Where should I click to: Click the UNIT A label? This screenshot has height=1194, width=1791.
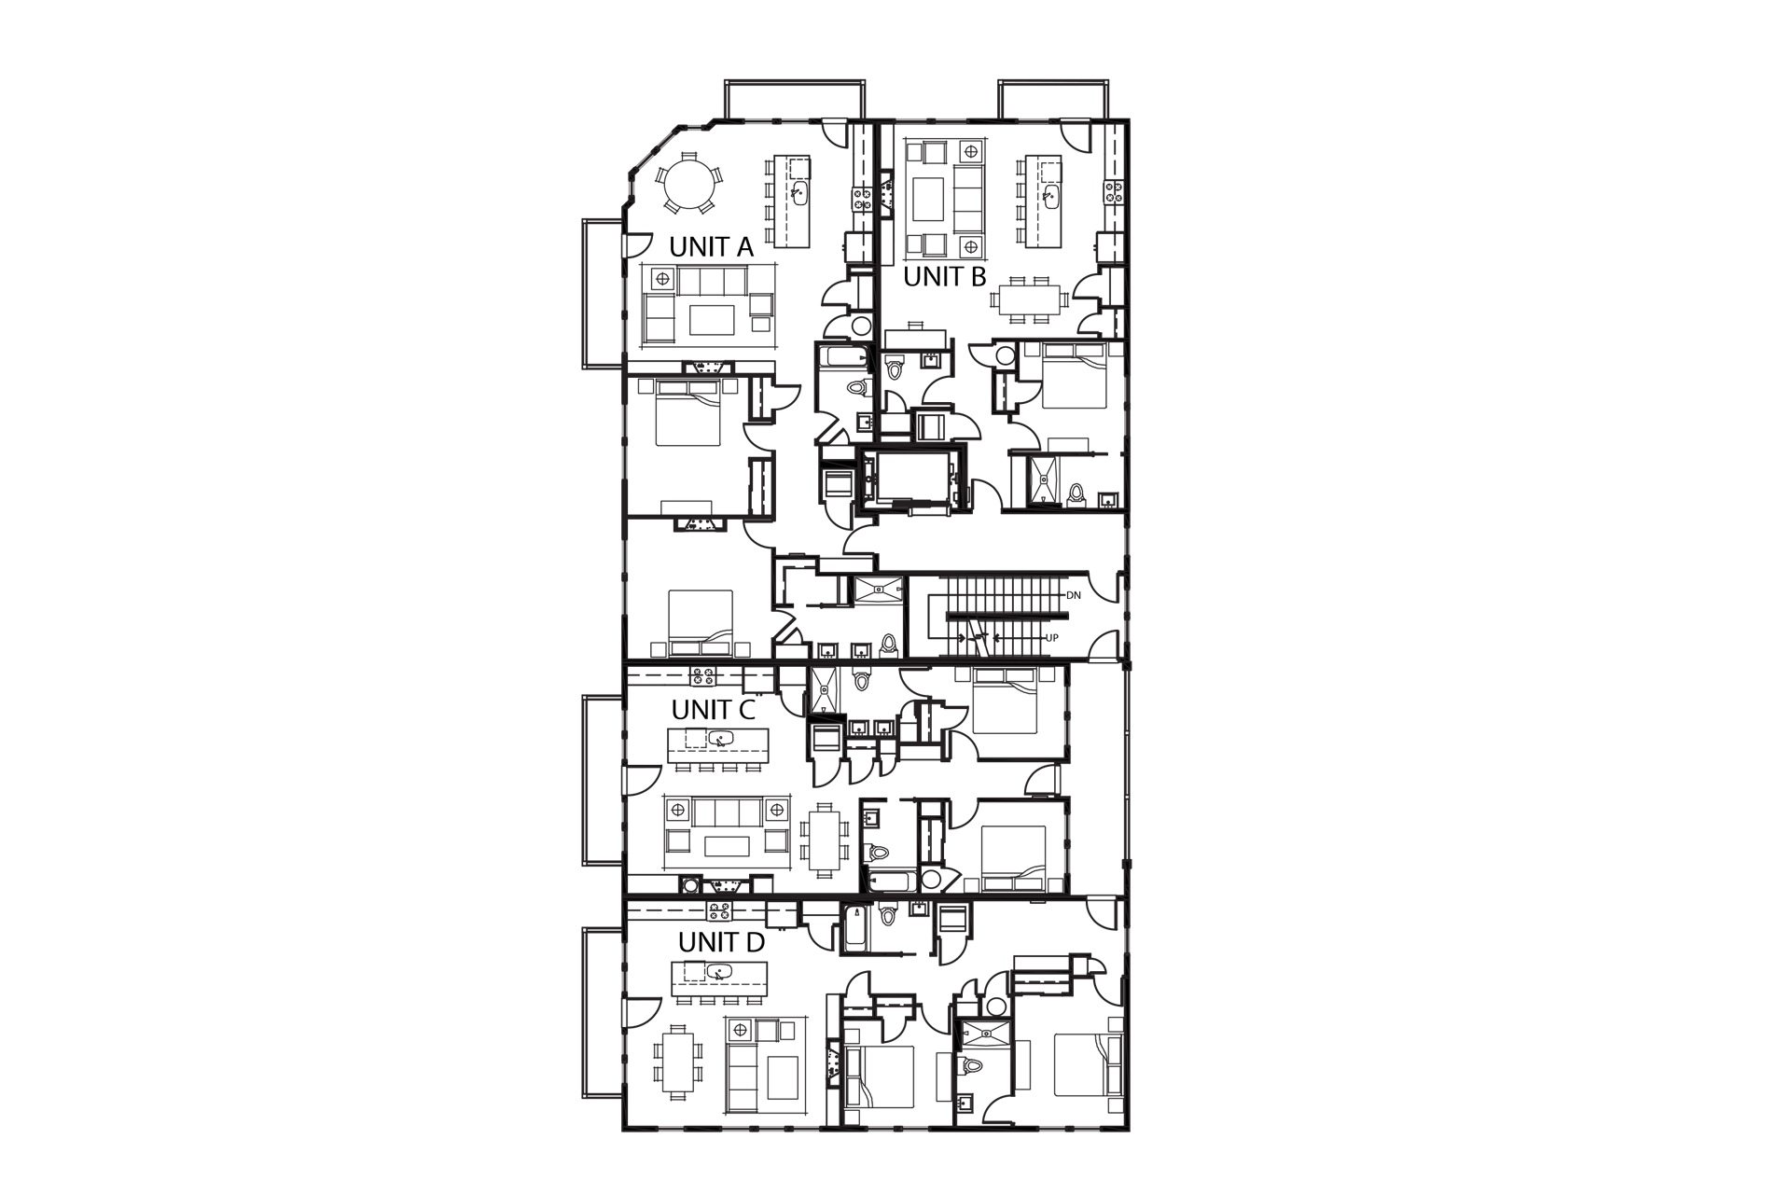(x=711, y=247)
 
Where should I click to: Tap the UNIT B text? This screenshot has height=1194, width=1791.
(x=944, y=277)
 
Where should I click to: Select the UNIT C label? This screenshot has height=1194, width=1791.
(x=713, y=710)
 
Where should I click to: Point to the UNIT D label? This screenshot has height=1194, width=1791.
(x=721, y=943)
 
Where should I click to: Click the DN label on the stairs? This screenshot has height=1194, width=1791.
(x=1073, y=594)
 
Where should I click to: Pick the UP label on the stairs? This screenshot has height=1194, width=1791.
(x=1051, y=639)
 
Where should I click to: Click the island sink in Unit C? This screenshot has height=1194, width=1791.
(x=717, y=740)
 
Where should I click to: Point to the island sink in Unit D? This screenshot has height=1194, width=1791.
(x=716, y=971)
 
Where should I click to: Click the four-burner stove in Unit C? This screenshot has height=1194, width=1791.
(x=701, y=673)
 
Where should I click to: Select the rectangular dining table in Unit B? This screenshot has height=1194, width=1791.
(x=1030, y=300)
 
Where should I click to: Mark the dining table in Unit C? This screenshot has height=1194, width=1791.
(x=823, y=838)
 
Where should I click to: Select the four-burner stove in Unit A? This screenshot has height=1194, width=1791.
(x=859, y=197)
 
